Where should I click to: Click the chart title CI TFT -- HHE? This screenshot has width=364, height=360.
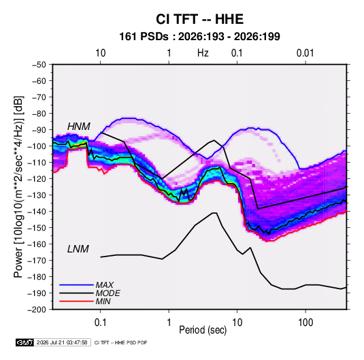pyautogui.click(x=199, y=19)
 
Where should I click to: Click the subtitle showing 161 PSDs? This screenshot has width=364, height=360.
pyautogui.click(x=199, y=37)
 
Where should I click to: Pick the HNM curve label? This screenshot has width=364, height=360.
pyautogui.click(x=78, y=127)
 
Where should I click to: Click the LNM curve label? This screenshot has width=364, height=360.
pyautogui.click(x=78, y=249)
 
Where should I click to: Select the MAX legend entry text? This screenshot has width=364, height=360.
pyautogui.click(x=105, y=285)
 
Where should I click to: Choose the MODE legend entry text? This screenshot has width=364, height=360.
pyautogui.click(x=107, y=293)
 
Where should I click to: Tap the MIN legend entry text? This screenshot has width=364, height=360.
pyautogui.click(x=103, y=301)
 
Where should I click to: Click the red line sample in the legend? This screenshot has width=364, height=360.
pyautogui.click(x=76, y=301)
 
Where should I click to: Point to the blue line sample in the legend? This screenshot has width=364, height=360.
pyautogui.click(x=76, y=284)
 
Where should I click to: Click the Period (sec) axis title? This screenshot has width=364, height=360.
pyautogui.click(x=203, y=330)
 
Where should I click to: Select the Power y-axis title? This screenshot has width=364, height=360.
pyautogui.click(x=18, y=187)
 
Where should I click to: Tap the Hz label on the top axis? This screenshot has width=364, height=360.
pyautogui.click(x=203, y=53)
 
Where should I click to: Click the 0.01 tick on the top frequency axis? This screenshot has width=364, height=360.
pyautogui.click(x=305, y=53)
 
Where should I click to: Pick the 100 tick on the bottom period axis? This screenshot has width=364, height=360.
pyautogui.click(x=305, y=323)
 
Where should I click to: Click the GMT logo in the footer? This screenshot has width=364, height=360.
pyautogui.click(x=24, y=342)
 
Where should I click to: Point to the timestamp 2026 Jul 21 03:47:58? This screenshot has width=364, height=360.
pyautogui.click(x=62, y=342)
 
